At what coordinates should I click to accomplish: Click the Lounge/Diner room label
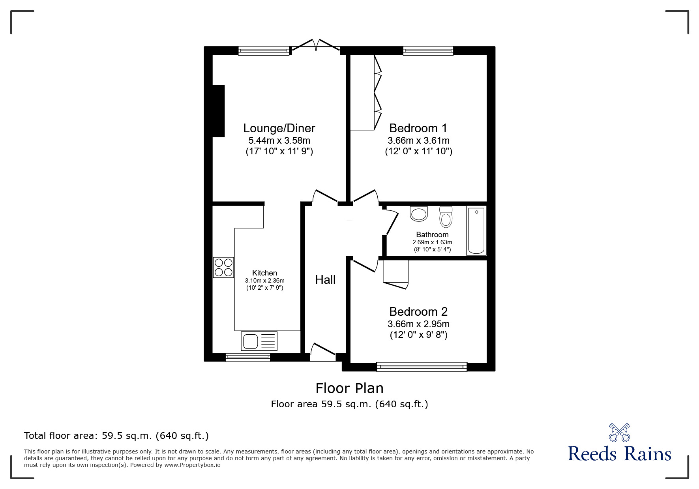(x=279, y=128)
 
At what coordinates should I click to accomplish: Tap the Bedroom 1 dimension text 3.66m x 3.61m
(x=418, y=141)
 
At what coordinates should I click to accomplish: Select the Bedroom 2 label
(x=418, y=312)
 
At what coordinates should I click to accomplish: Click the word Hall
(x=325, y=280)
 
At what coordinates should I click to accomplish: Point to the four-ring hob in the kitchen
(x=223, y=267)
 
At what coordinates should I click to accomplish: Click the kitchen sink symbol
(x=259, y=341)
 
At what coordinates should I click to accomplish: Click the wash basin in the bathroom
(x=419, y=214)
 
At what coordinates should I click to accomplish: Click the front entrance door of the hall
(x=322, y=352)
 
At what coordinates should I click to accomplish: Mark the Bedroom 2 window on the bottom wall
(x=422, y=367)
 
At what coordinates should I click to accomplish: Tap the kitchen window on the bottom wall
(x=248, y=358)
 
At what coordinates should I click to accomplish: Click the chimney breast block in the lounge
(x=218, y=111)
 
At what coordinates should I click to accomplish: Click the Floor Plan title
(x=349, y=388)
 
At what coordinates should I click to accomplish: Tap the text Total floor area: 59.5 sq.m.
(x=116, y=436)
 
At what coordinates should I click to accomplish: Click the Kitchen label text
(x=264, y=273)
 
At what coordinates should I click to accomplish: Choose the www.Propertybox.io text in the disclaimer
(x=192, y=465)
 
